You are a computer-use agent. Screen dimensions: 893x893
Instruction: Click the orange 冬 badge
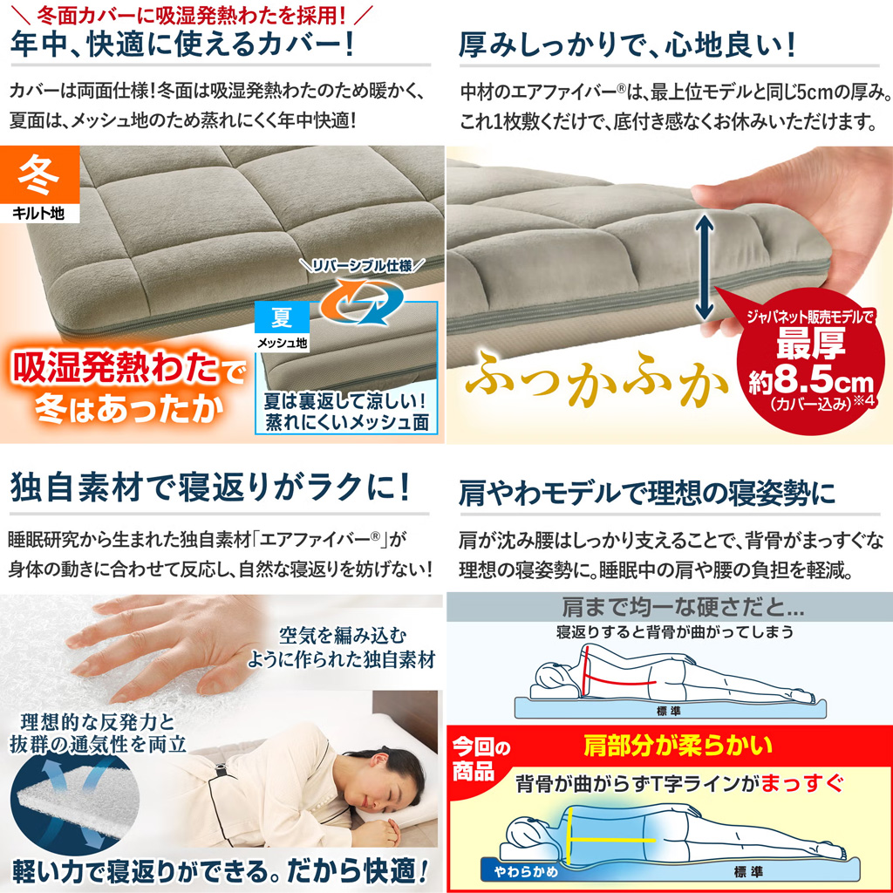tap(39, 174)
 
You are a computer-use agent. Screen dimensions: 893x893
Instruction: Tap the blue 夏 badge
tap(282, 317)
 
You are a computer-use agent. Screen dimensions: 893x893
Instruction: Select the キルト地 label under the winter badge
tap(39, 214)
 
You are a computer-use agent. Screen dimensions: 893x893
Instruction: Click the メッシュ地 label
tap(282, 342)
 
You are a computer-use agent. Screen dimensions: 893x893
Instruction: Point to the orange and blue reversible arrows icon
tap(360, 301)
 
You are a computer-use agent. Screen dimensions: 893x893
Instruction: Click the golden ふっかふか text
tap(596, 378)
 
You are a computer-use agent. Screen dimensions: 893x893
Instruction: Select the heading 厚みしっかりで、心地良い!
tap(626, 45)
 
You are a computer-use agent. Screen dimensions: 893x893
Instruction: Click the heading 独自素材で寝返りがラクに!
tap(210, 487)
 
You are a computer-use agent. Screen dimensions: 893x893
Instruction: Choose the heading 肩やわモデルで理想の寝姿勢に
tap(647, 494)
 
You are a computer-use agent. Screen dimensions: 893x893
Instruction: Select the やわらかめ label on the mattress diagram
tap(526, 871)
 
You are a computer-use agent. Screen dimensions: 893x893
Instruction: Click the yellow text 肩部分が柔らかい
tap(678, 746)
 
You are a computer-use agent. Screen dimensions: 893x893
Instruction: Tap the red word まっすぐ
tap(802, 784)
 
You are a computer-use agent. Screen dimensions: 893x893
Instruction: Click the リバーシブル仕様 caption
tap(362, 265)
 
